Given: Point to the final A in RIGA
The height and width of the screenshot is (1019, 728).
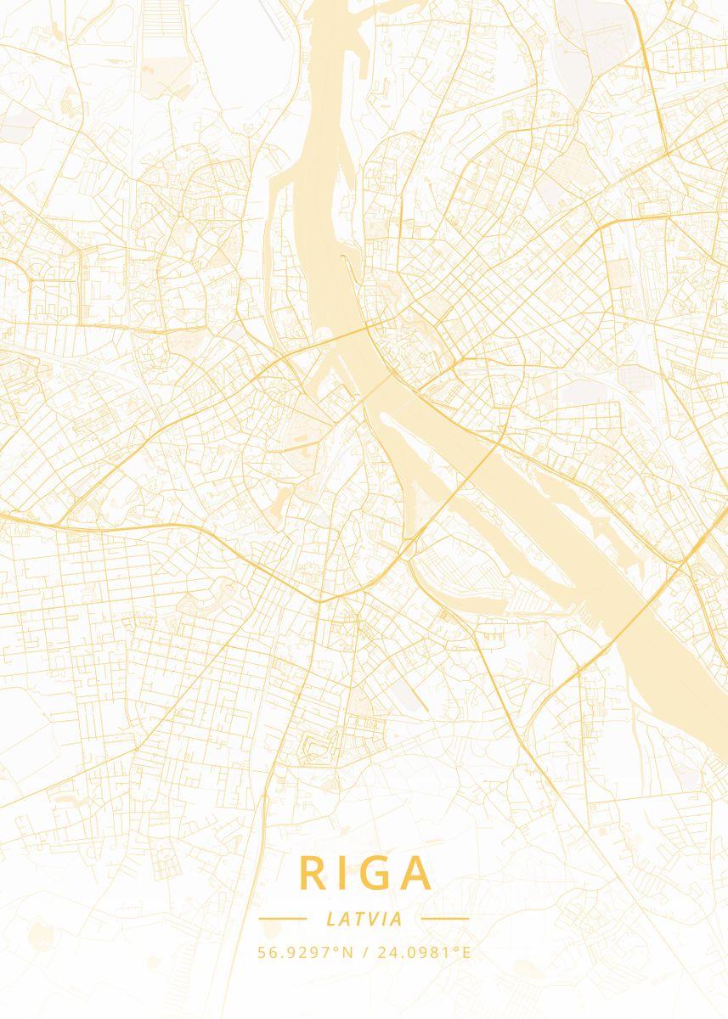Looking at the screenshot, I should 419,873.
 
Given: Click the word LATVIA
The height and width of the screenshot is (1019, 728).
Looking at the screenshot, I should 364,919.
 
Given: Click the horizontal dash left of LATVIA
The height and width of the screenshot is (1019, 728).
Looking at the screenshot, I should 282,919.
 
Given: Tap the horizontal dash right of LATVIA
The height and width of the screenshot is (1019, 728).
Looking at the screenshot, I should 445,919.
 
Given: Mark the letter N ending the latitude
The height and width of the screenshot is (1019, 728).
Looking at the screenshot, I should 348,952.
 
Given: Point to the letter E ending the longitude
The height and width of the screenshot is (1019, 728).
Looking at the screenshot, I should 466,952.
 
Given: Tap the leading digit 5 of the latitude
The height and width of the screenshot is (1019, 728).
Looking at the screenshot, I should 262,952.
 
